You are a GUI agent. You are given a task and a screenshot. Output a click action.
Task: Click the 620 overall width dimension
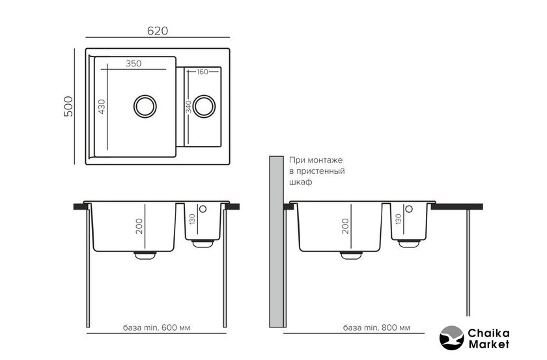(x=158, y=31)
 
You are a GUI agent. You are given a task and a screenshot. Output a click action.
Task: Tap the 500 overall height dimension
(x=69, y=106)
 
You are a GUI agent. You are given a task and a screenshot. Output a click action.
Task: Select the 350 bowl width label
(x=133, y=64)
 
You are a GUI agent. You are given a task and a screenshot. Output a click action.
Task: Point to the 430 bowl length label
(x=102, y=107)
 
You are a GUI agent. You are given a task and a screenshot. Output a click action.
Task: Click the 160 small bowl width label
(x=203, y=72)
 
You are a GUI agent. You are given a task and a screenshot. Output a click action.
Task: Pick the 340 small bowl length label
(x=189, y=107)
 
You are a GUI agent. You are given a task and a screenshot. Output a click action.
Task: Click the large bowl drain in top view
(x=145, y=106)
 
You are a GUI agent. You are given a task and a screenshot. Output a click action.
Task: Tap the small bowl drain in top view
(x=204, y=106)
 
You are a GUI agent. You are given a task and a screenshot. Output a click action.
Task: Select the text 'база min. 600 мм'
(x=156, y=327)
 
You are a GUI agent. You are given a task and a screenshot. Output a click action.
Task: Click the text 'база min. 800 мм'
(x=376, y=327)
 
